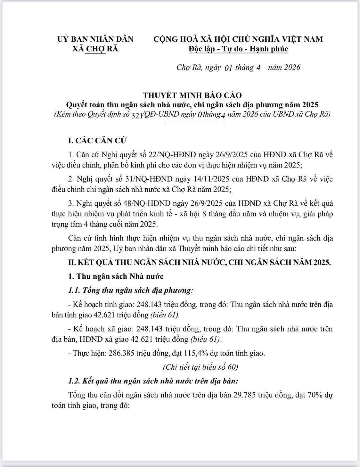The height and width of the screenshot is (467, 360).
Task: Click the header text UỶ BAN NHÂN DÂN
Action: pyautogui.click(x=95, y=39)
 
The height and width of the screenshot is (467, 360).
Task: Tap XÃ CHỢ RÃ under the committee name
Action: pyautogui.click(x=95, y=49)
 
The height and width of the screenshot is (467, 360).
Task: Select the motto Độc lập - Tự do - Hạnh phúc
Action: pyautogui.click(x=238, y=49)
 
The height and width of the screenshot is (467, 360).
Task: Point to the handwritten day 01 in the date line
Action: pyautogui.click(x=228, y=68)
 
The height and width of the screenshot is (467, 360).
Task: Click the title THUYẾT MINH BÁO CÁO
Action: pyautogui.click(x=192, y=95)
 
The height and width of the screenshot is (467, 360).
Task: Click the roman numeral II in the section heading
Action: pyautogui.click(x=72, y=262)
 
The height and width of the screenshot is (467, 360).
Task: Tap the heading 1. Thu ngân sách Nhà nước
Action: pyautogui.click(x=116, y=276)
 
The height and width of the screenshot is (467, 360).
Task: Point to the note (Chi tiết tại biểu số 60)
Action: pyautogui.click(x=200, y=367)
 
